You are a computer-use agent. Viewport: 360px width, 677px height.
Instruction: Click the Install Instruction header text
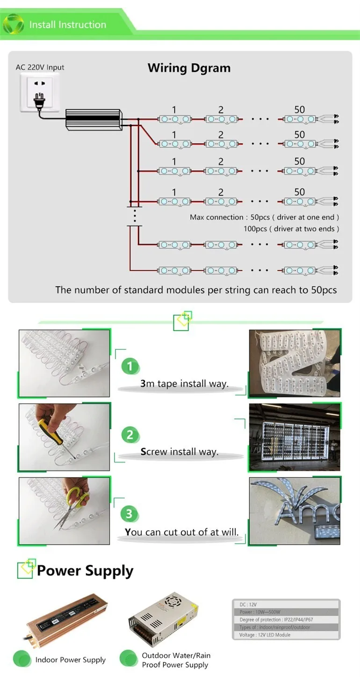pyautogui.click(x=67, y=25)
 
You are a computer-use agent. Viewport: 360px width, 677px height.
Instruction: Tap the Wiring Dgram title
pyautogui.click(x=189, y=68)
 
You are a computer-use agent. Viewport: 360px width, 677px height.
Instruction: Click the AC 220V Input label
pyautogui.click(x=40, y=67)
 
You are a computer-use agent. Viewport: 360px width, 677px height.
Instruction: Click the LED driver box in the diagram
pyautogui.click(x=94, y=119)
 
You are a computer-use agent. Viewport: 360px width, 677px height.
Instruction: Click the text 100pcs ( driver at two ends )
pyautogui.click(x=291, y=229)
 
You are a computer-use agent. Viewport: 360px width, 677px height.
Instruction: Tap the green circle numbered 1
pyautogui.click(x=130, y=366)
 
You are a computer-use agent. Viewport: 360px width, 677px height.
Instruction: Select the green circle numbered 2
pyautogui.click(x=130, y=435)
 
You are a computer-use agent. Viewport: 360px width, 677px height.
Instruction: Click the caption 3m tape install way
pyautogui.click(x=184, y=384)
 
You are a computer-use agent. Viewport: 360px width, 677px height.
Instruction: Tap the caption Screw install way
pyautogui.click(x=180, y=452)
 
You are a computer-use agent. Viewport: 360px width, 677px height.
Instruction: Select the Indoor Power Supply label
pyautogui.click(x=70, y=660)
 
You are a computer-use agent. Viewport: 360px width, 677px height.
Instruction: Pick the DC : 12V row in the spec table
pyautogui.click(x=286, y=605)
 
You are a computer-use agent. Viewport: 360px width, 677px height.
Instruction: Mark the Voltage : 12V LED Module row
pyautogui.click(x=286, y=635)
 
